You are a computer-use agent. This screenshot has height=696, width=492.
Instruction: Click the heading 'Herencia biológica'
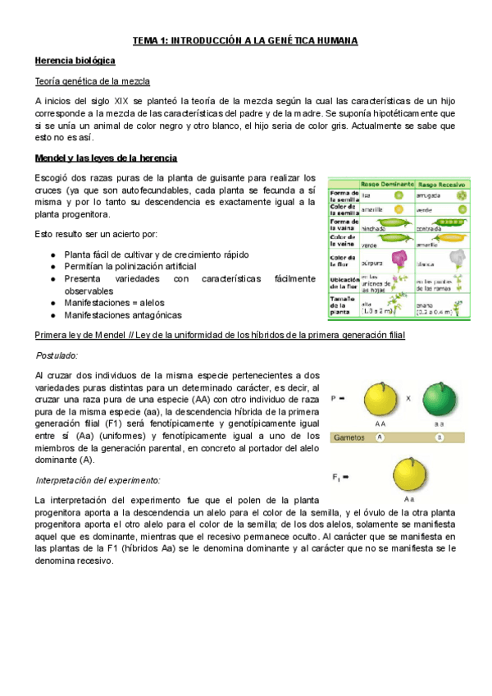[75, 61]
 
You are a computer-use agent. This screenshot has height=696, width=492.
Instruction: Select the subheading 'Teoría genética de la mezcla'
[92, 81]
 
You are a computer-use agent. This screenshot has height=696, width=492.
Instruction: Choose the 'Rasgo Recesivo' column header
[442, 184]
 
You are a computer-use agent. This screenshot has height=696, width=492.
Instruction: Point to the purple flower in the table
[402, 260]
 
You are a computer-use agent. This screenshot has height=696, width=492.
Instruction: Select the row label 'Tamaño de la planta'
[343, 305]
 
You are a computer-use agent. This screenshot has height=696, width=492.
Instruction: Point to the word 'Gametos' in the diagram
[351, 437]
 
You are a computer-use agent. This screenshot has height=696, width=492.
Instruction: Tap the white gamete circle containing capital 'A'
[380, 437]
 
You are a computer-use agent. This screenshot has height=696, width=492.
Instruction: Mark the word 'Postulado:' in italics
[56, 355]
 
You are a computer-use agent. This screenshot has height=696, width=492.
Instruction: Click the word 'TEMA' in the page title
[147, 40]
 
